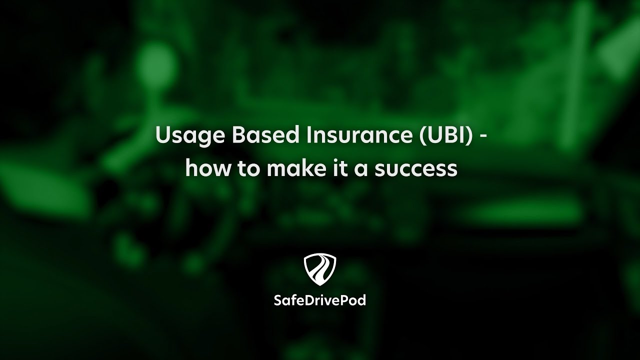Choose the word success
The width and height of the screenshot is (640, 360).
pyautogui.click(x=416, y=170)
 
